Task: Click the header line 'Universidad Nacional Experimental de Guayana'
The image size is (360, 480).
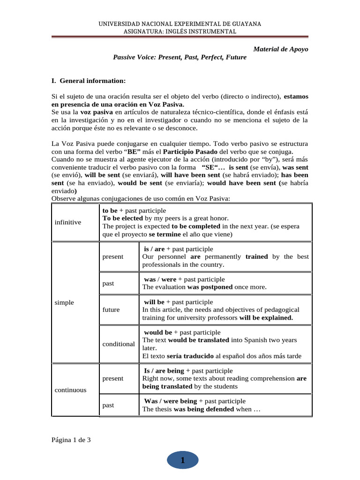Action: (180, 23)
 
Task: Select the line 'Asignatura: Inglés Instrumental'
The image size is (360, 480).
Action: (180, 31)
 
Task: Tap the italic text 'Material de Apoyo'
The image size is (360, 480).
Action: (280, 49)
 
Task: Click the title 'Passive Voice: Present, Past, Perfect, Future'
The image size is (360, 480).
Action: (180, 57)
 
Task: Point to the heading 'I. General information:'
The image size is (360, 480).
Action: (88, 80)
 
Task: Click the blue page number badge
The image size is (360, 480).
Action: (182, 461)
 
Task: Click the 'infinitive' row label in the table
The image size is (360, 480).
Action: (68, 222)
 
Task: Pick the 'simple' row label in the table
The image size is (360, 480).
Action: (64, 302)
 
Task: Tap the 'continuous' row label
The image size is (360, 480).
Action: (70, 390)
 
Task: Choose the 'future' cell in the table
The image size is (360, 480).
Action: (111, 309)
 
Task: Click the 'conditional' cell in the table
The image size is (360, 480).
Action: (119, 344)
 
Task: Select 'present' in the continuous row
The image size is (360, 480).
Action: (113, 378)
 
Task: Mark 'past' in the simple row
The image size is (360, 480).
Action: (108, 283)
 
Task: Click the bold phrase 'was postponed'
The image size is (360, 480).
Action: (210, 287)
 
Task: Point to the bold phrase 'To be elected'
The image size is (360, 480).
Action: (122, 218)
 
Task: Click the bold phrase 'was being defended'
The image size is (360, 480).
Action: (204, 409)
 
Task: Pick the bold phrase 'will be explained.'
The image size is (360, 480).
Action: (266, 317)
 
